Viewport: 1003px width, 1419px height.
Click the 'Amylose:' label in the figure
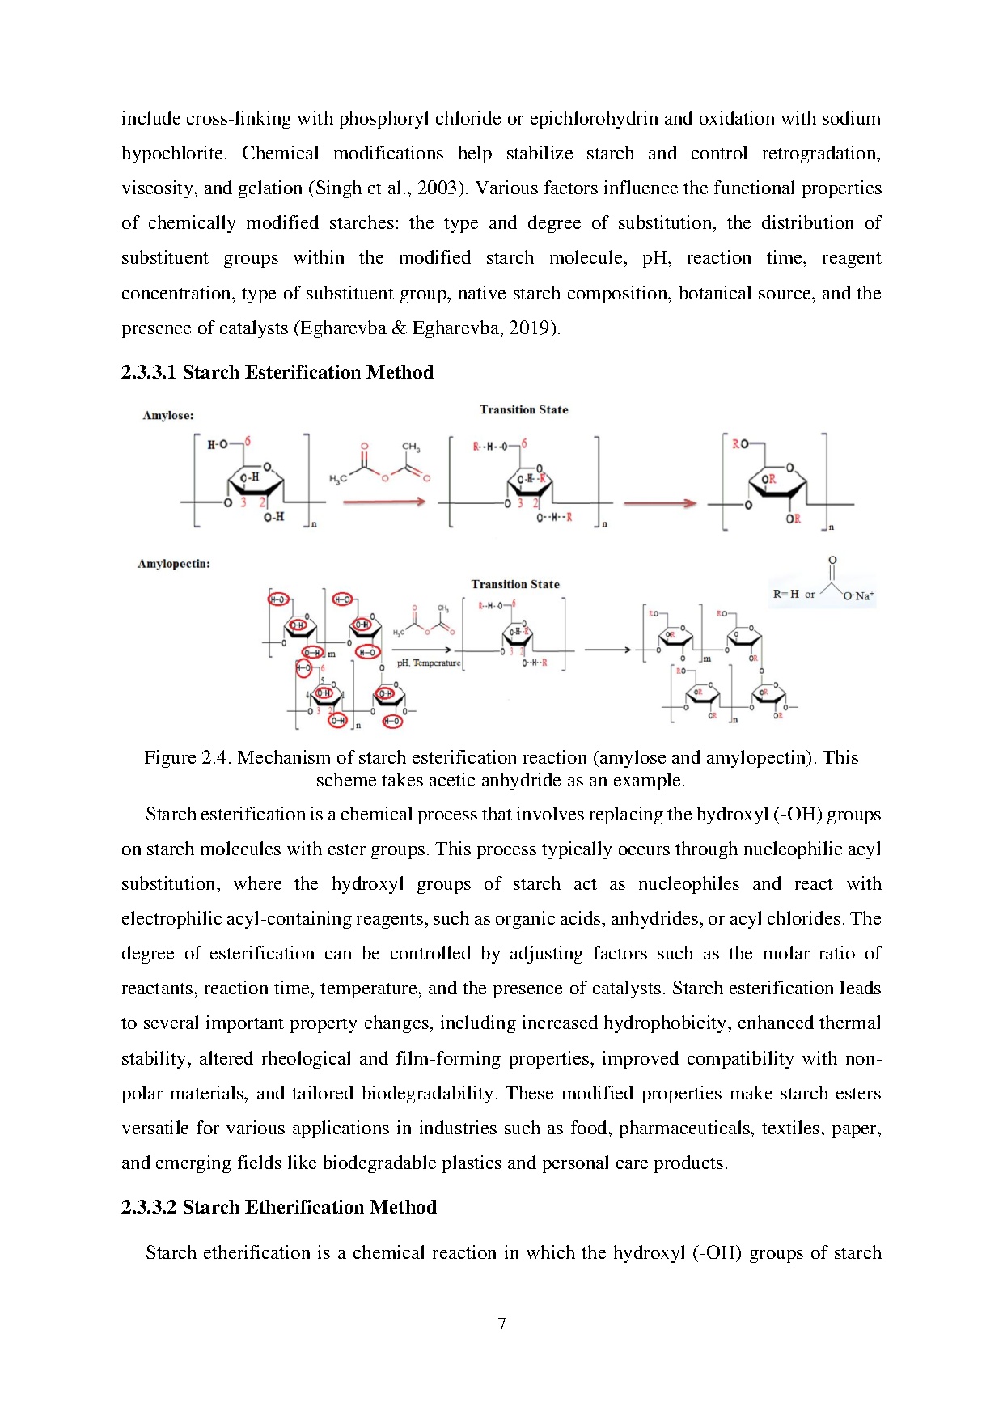168,415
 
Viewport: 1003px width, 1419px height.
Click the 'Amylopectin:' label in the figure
174,564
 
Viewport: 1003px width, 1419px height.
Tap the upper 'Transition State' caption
523,409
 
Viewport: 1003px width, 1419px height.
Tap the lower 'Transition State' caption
515,584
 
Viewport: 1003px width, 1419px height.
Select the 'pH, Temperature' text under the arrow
429,663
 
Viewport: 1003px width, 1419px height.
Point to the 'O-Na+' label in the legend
858,596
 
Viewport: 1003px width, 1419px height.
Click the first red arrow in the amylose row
383,502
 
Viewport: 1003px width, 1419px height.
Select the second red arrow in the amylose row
659,503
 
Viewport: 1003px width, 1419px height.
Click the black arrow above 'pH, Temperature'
422,650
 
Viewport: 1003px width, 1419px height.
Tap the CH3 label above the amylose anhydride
411,447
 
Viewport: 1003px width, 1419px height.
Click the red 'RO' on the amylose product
740,443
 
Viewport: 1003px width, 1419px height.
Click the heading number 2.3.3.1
149,372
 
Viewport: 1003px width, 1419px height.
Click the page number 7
501,1324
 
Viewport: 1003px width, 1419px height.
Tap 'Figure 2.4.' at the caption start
188,757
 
